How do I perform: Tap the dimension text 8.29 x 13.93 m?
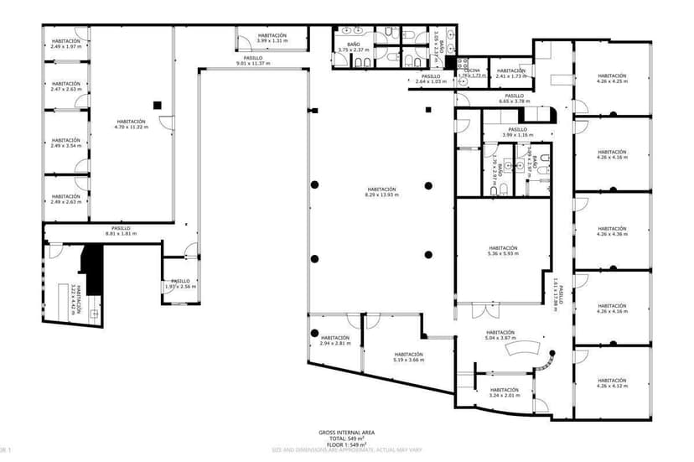coord(381,195)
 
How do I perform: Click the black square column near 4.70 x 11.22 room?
coord(156,104)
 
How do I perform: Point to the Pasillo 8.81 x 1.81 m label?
coord(121,231)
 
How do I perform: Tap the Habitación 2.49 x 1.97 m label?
coord(65,43)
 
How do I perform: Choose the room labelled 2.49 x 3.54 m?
coord(65,143)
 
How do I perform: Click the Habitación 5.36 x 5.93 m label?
coord(503,251)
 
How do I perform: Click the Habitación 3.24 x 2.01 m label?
coord(505,392)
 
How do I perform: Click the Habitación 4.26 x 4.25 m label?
coord(612,79)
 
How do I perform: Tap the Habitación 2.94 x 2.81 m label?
coord(334,340)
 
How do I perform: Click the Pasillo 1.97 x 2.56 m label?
coord(181,283)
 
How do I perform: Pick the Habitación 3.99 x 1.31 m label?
coord(272,38)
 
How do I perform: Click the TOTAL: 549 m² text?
coord(346,439)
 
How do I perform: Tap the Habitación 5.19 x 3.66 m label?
coord(409,356)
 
